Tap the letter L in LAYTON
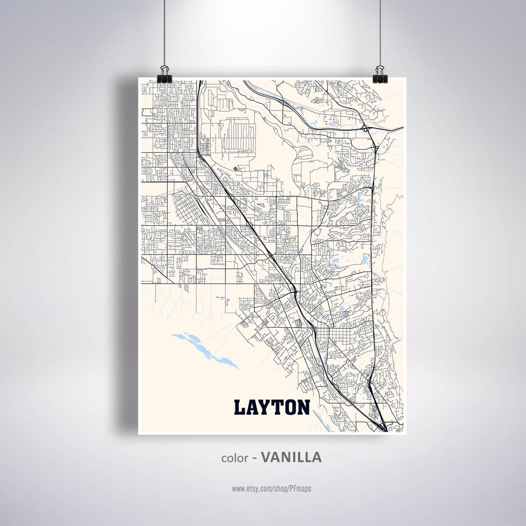click(240, 407)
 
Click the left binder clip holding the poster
click(164, 80)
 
